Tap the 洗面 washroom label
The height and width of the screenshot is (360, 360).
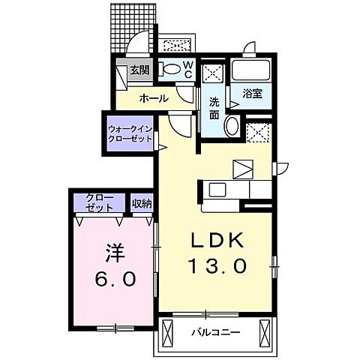pos(214,107)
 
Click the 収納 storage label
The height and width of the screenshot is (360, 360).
pos(141,202)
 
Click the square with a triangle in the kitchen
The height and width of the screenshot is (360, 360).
pos(244,169)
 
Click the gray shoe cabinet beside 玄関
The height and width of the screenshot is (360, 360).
pos(121,75)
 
